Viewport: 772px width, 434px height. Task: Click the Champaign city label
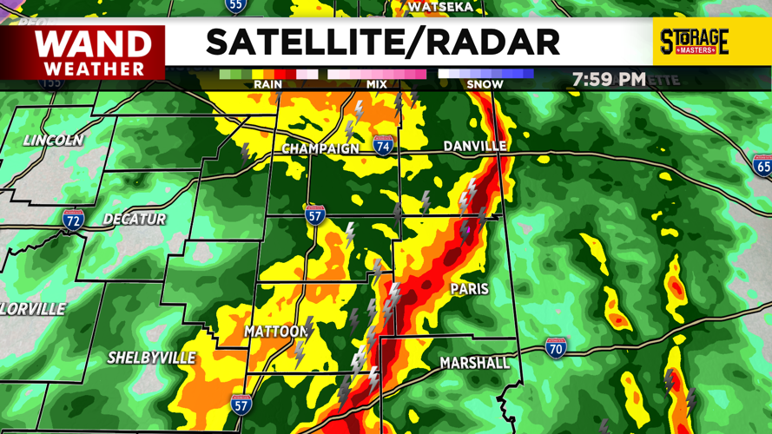[320, 149]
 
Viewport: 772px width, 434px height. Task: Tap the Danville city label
[474, 146]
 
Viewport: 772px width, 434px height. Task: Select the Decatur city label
[135, 219]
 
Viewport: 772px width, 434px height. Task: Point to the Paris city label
[469, 288]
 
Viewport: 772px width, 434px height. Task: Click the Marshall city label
[474, 362]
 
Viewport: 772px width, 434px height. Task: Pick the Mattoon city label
[275, 332]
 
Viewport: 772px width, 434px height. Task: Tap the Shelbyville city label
[152, 358]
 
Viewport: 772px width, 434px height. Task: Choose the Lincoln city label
[54, 141]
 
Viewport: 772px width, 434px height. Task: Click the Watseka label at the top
[440, 7]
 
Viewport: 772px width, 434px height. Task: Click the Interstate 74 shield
[383, 145]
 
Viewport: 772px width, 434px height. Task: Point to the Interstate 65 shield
[762, 165]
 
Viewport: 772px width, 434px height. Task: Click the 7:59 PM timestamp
[608, 79]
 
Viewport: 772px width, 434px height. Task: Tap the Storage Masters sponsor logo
[694, 41]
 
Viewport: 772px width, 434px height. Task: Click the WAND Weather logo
[94, 51]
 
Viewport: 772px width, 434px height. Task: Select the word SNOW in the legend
[485, 84]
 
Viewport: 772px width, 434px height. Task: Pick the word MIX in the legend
[376, 84]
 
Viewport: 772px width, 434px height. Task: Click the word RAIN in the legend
[267, 84]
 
